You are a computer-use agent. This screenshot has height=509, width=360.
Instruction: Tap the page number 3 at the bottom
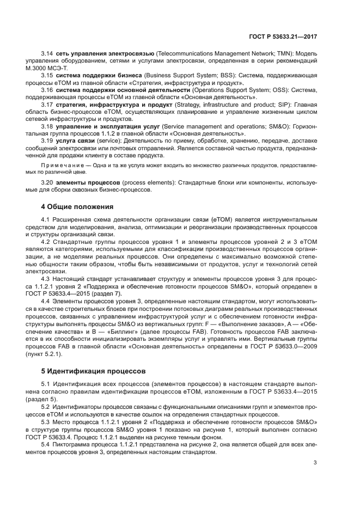click(x=315, y=463)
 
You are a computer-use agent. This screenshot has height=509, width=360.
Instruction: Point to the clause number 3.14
click(x=47, y=54)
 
